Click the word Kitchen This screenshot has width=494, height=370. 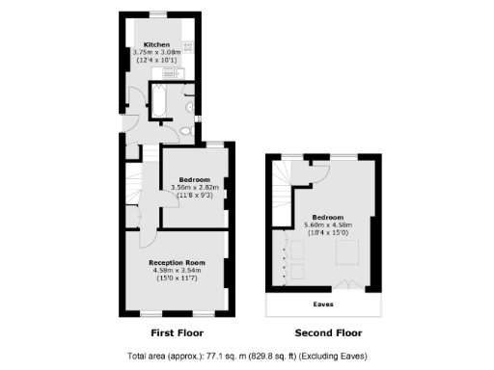tap(156, 45)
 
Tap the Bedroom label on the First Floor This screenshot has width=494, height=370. tap(194, 179)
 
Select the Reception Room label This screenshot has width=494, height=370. tap(177, 262)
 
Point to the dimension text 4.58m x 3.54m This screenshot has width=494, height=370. tap(177, 270)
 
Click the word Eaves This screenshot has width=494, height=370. tap(328, 305)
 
